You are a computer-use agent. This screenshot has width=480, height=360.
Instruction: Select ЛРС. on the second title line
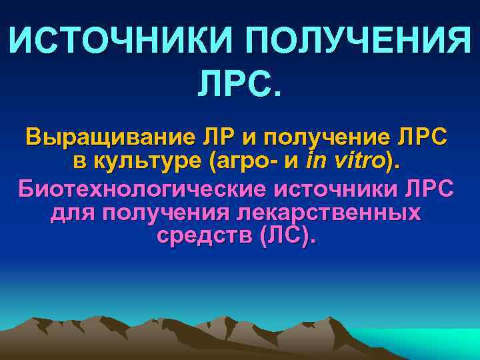[240, 86]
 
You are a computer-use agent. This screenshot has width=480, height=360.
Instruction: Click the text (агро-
[237, 162]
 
